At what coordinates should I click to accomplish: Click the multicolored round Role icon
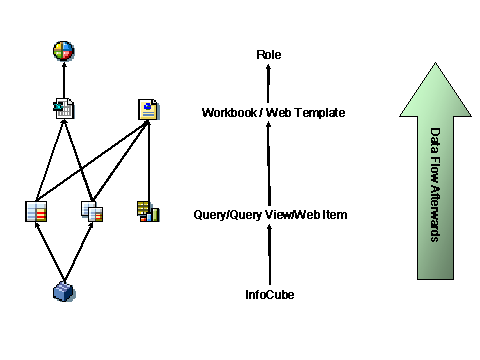(x=64, y=49)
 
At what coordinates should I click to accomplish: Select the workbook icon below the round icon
(x=64, y=108)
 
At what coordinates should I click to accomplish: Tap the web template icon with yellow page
(x=148, y=108)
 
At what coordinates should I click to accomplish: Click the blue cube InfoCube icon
(x=64, y=291)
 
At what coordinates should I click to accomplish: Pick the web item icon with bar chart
(x=148, y=211)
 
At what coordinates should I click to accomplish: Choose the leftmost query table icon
(x=36, y=211)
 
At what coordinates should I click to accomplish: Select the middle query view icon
(x=92, y=211)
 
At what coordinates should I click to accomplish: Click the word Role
(x=269, y=54)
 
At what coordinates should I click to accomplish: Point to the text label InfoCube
(x=269, y=295)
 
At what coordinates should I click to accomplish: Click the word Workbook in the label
(x=228, y=113)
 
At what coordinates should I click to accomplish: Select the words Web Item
(x=319, y=214)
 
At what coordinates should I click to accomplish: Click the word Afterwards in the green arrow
(x=436, y=214)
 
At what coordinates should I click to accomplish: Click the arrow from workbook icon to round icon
(x=64, y=80)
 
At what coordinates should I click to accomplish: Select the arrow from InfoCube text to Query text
(x=269, y=255)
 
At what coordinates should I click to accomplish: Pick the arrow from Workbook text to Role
(x=269, y=84)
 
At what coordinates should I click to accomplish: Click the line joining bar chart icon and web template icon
(x=148, y=160)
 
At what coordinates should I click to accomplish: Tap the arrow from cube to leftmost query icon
(x=48, y=252)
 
